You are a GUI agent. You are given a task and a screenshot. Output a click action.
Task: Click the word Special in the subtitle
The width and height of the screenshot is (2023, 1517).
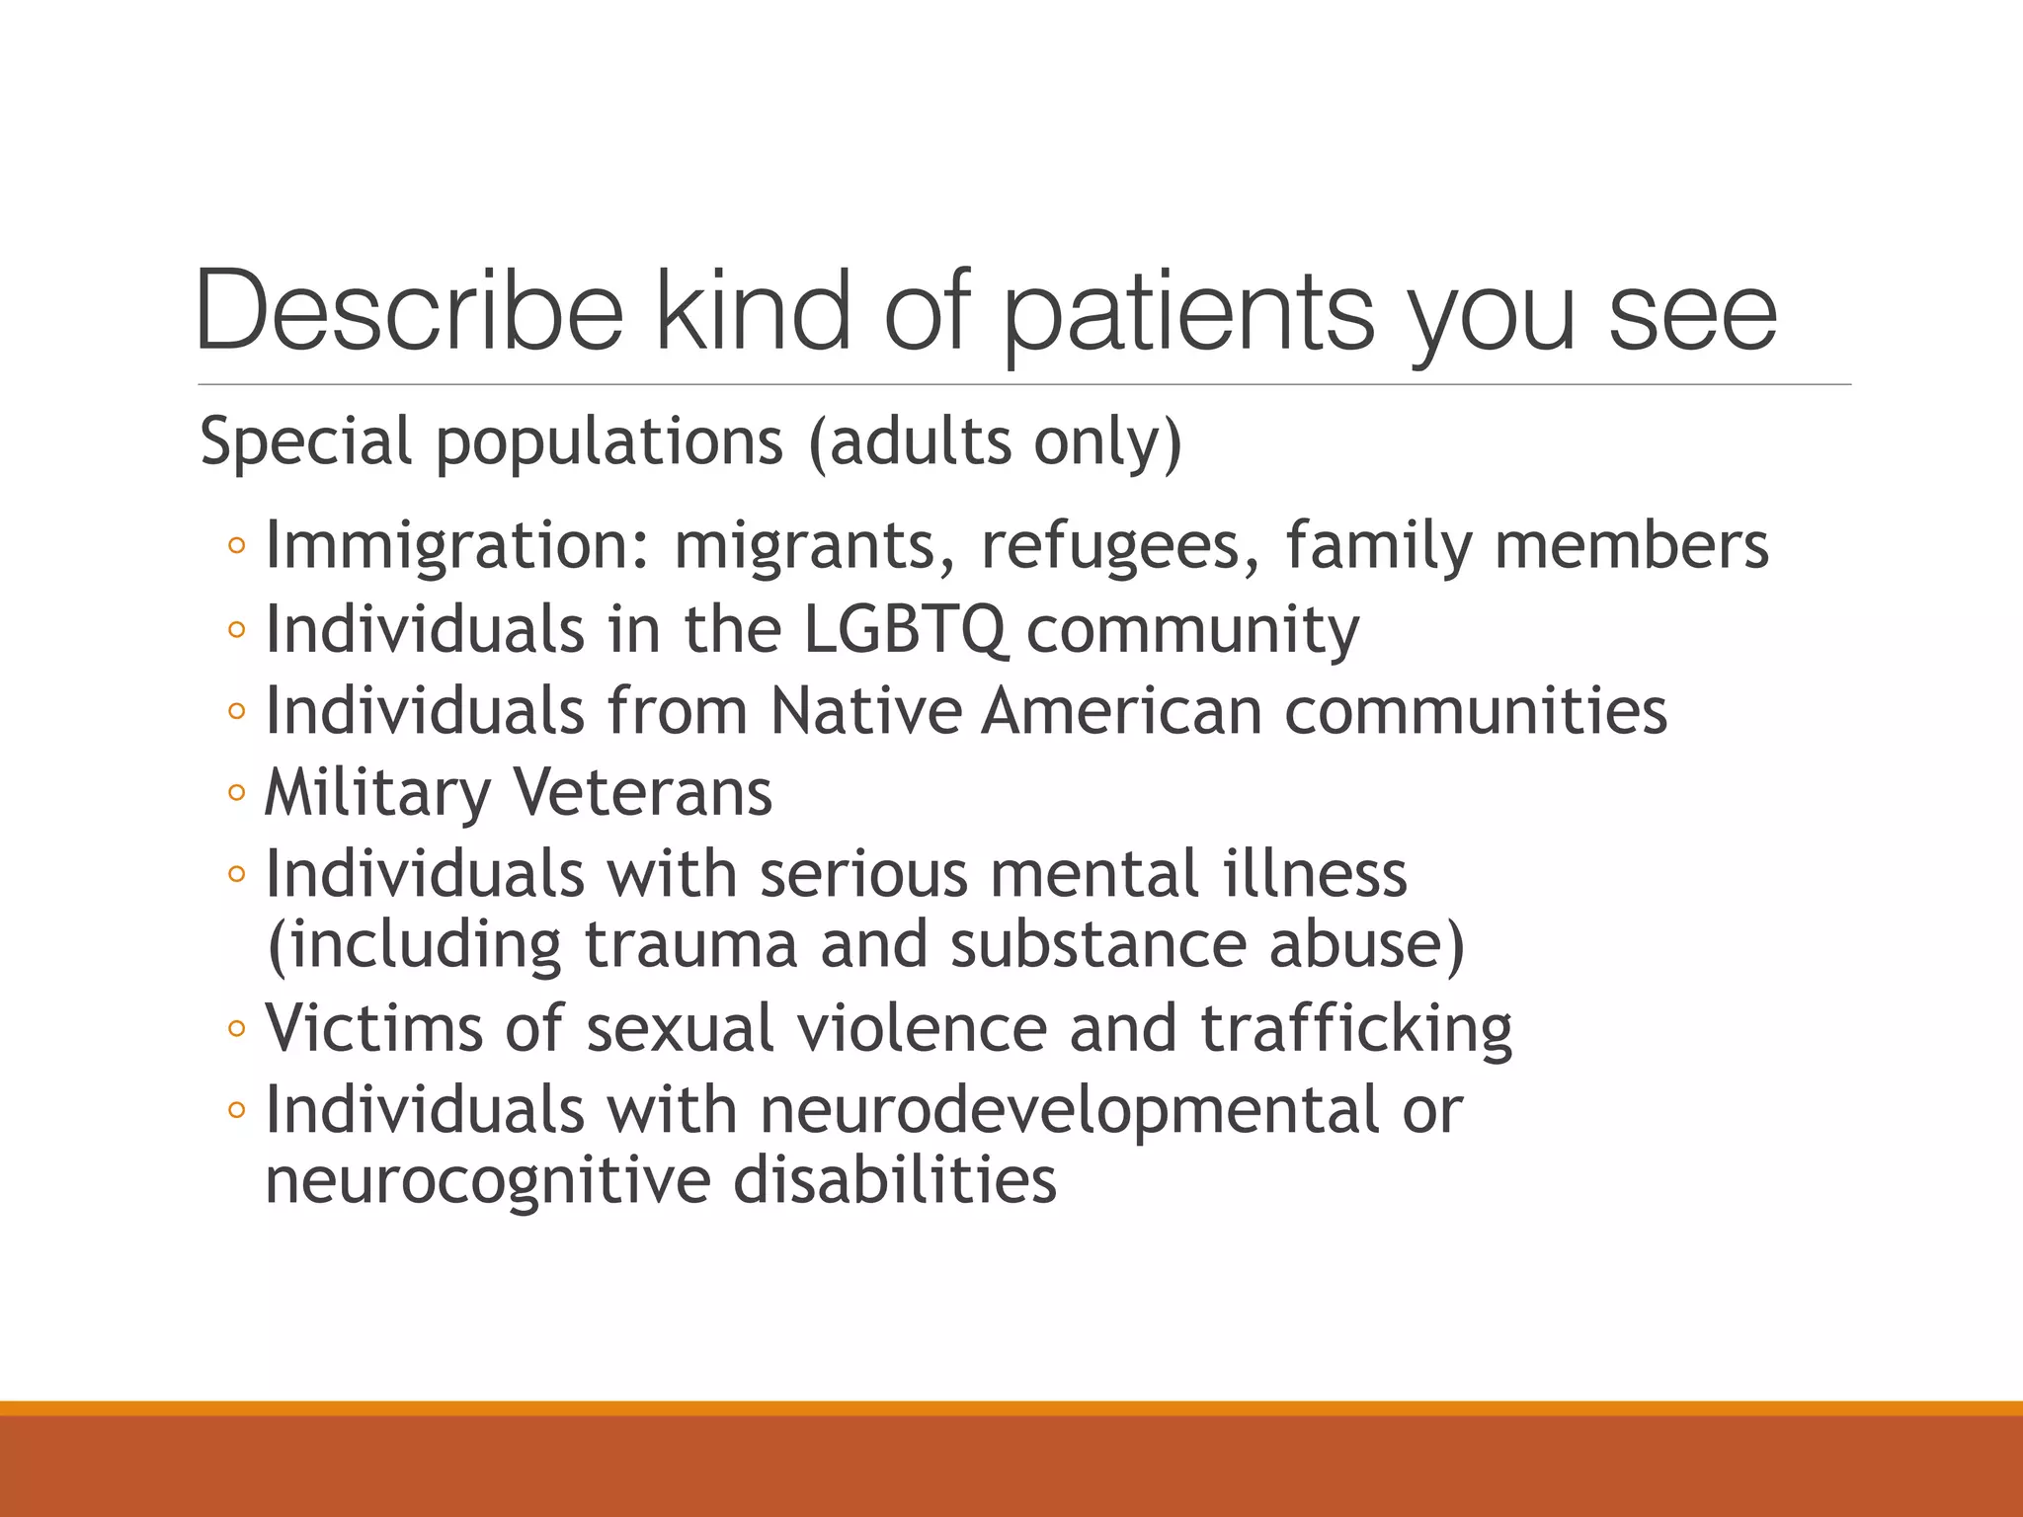305,441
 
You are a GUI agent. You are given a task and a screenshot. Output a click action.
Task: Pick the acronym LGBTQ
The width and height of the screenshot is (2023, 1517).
906,629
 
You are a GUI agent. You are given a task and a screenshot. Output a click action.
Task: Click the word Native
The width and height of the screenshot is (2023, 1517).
864,710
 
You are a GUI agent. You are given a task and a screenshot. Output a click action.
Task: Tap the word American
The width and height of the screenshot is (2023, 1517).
1122,710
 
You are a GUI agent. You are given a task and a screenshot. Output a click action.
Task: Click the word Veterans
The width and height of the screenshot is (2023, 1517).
642,792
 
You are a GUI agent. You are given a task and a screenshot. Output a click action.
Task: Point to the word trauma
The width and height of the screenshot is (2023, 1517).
690,944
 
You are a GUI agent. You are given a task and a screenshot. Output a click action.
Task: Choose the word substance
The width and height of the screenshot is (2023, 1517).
1097,944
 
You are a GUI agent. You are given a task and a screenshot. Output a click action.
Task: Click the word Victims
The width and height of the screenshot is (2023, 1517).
374,1028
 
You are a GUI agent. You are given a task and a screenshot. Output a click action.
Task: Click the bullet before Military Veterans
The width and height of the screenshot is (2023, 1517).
236,792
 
